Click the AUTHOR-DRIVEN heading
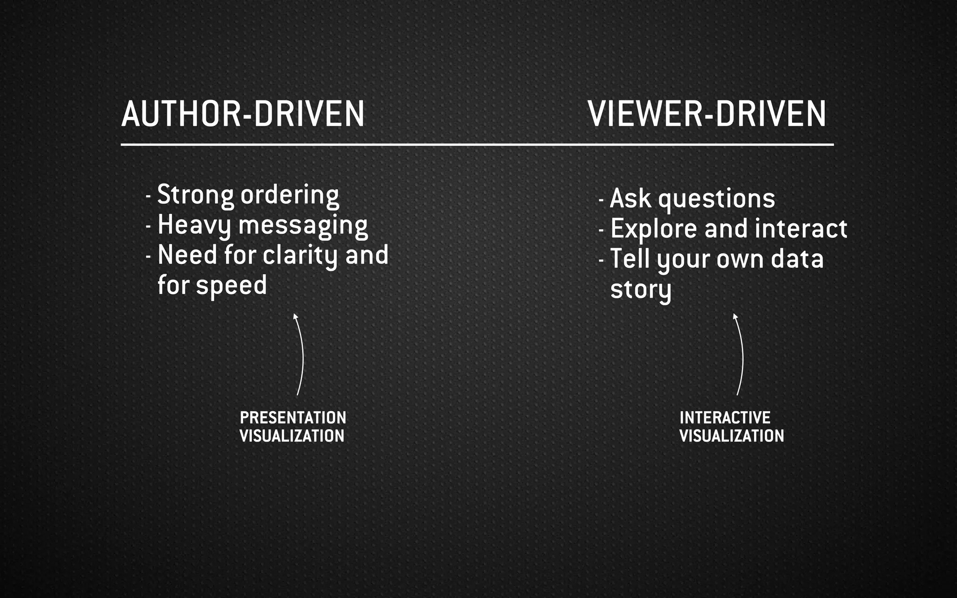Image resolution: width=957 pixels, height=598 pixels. pos(243,114)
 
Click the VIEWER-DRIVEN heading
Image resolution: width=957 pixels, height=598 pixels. pos(707,114)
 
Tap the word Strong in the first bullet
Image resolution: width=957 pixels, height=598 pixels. pos(195,195)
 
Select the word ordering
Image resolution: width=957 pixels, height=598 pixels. pos(290,196)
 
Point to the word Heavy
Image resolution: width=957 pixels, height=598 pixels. pos(194,226)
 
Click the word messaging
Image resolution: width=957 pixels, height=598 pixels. pos(303,226)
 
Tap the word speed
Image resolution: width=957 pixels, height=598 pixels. pos(231,286)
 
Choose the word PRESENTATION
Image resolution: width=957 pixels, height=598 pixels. pos(293,418)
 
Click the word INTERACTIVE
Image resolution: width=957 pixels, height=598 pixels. pos(725,418)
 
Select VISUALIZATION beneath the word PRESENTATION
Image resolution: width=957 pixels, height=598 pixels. pos(292,436)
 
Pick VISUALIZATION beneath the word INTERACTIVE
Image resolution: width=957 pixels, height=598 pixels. pos(732,436)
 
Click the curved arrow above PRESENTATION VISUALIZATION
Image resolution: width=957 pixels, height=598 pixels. pos(300,355)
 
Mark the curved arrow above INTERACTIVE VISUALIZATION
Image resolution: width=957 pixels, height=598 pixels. pos(741,355)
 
